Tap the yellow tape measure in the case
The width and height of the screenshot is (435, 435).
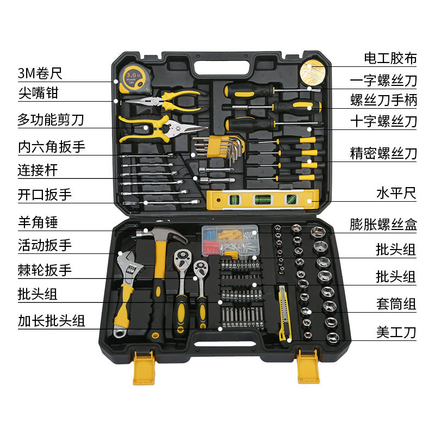coord(134,78)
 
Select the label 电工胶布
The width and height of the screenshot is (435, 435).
coord(390,58)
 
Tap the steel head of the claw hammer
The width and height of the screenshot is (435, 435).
coord(158,234)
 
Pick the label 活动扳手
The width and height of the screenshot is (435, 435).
coord(45,245)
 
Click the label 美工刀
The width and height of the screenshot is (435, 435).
coord(396,331)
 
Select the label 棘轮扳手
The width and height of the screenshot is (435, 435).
coord(45,270)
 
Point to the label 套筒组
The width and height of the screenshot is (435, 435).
coord(396,303)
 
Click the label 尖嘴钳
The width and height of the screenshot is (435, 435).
coord(38,93)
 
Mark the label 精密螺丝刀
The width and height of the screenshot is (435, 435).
coord(383,153)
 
